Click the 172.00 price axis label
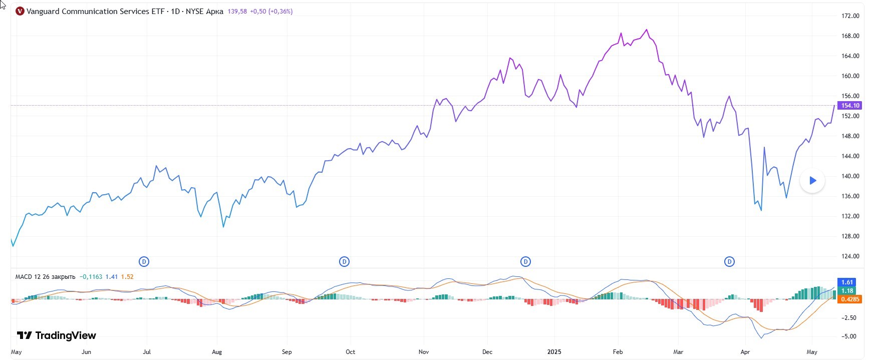point(850,16)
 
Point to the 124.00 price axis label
point(850,256)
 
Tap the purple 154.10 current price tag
point(850,106)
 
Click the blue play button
point(812,181)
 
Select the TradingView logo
point(56,335)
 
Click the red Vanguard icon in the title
point(20,11)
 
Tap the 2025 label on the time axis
point(554,352)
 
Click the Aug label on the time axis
point(217,352)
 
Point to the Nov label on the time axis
point(424,352)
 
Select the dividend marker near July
point(144,261)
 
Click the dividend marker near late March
point(729,261)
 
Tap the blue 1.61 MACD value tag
point(847,282)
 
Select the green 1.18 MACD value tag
point(847,291)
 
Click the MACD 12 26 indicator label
point(45,277)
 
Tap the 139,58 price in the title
point(237,12)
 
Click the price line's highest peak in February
point(647,30)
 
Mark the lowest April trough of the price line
point(761,210)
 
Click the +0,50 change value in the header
point(258,12)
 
